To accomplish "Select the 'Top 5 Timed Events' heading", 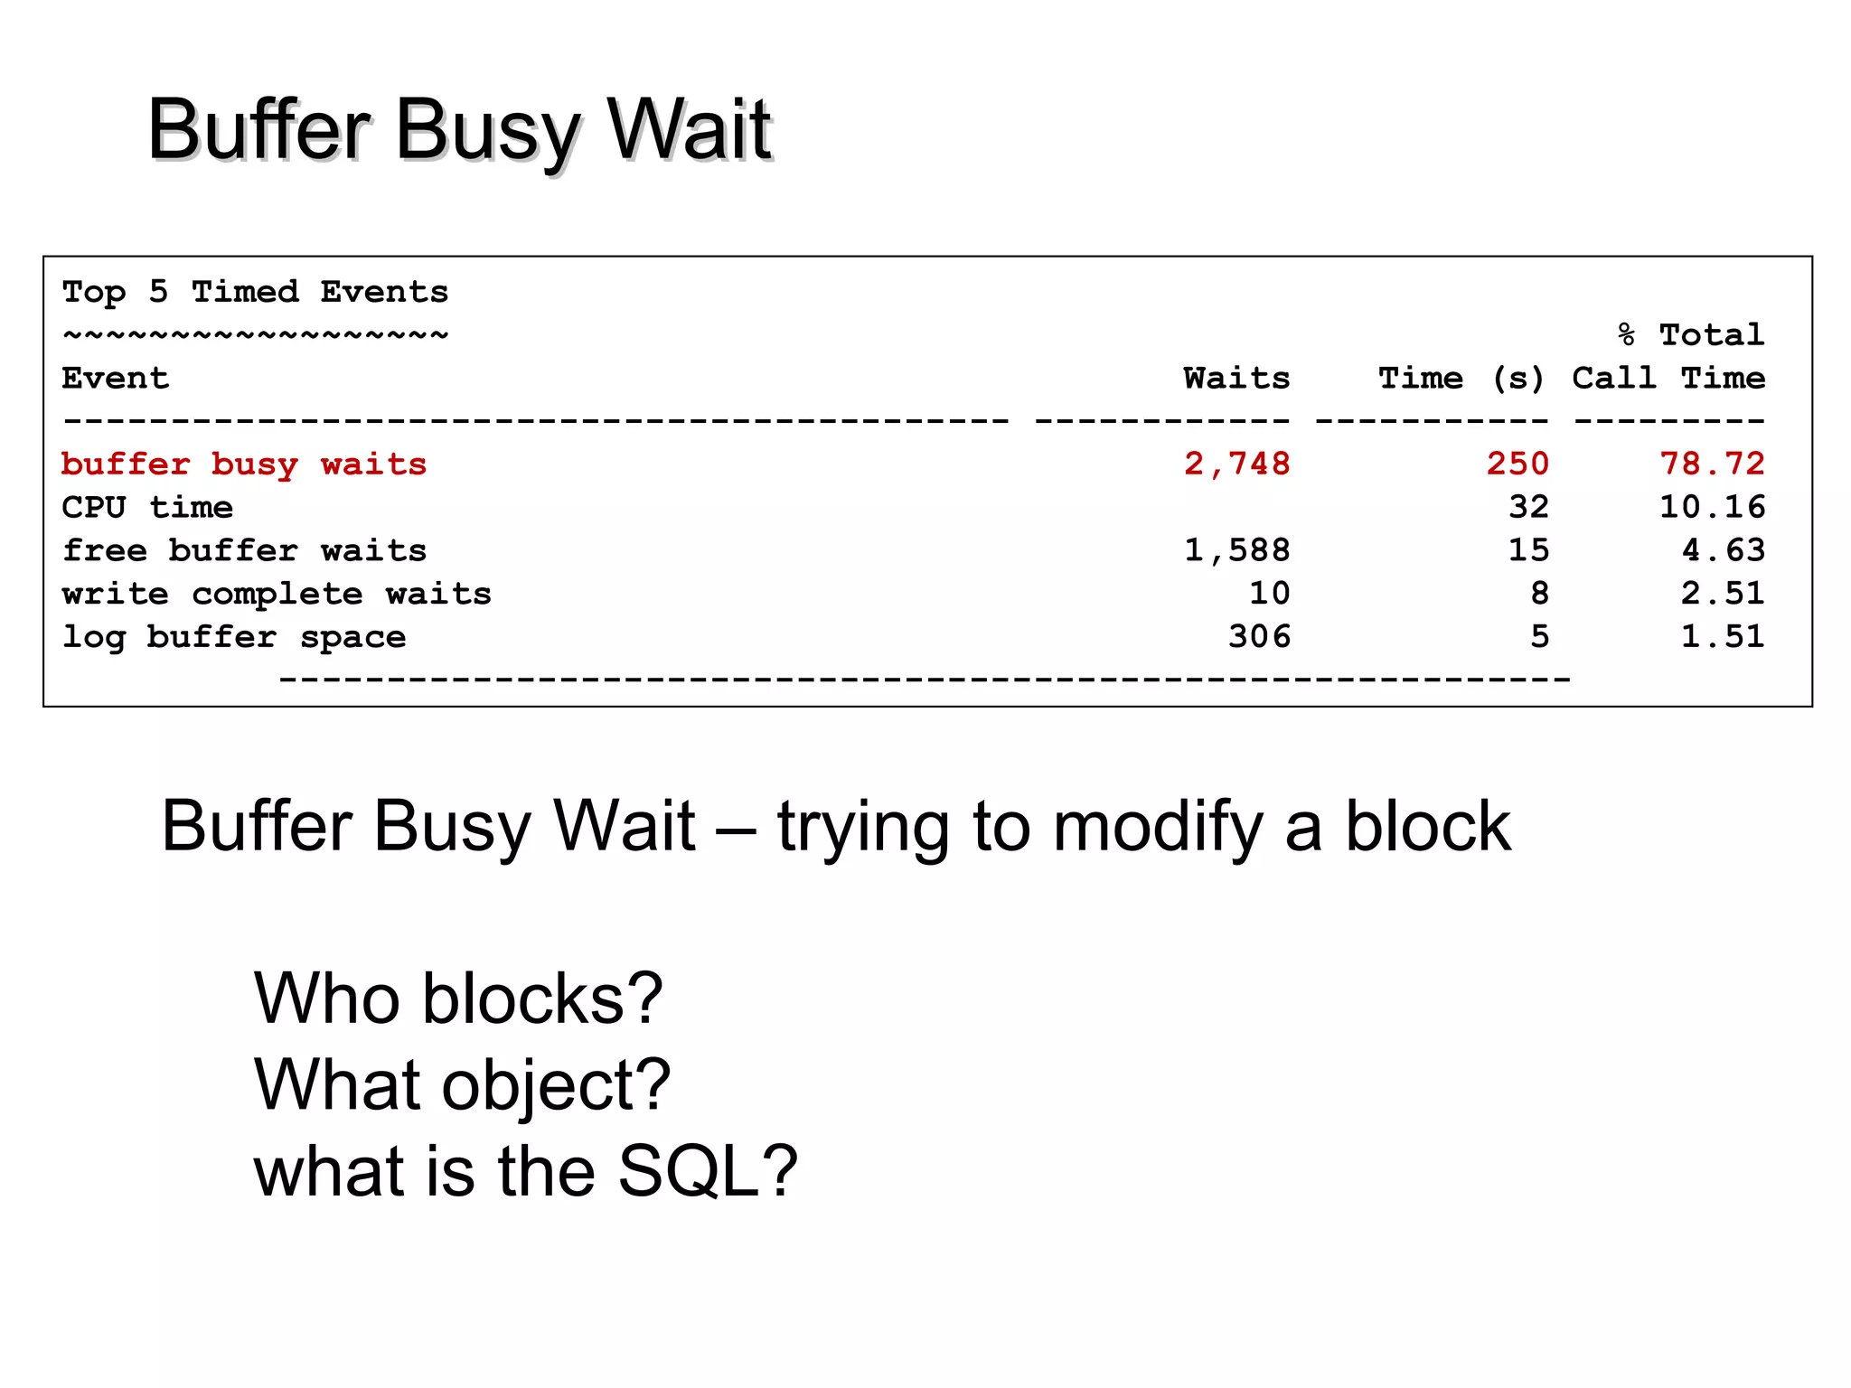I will [x=255, y=292].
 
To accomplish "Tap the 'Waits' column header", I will [x=1236, y=378].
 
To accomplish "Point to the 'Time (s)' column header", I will [x=1461, y=378].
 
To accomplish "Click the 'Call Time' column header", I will [x=1668, y=378].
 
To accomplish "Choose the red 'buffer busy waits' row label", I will [x=244, y=464].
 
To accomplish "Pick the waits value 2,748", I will [x=1236, y=464].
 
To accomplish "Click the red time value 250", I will [x=1517, y=464].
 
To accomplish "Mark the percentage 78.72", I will [x=1712, y=464].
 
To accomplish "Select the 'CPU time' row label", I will [x=147, y=507].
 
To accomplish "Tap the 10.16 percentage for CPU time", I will [x=1712, y=507].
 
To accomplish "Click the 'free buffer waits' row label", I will [x=244, y=550].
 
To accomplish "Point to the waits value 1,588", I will [x=1236, y=550].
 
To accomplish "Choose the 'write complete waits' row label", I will [x=277, y=594].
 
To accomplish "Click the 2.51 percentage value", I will [x=1722, y=594].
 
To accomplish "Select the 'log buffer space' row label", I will [x=233, y=637].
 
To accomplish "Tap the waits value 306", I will [x=1259, y=637].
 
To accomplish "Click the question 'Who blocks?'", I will [x=458, y=999].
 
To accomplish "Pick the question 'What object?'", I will [x=462, y=1084].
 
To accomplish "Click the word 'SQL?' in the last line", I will [x=707, y=1171].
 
